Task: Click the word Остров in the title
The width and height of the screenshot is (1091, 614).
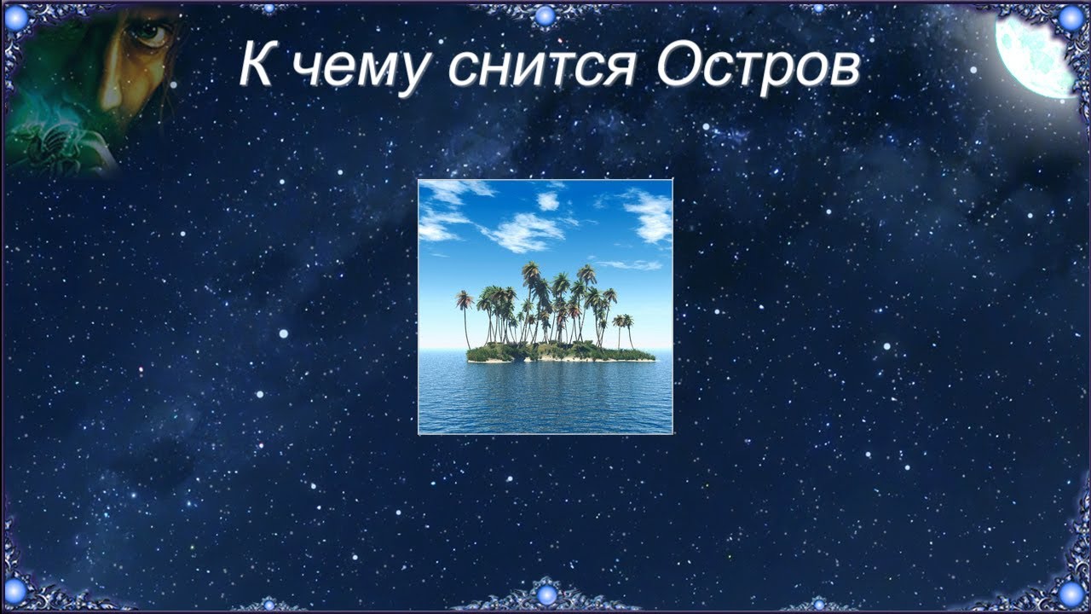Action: (758, 64)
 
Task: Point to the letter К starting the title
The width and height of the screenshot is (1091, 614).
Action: (256, 64)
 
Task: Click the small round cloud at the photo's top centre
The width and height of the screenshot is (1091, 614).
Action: (548, 201)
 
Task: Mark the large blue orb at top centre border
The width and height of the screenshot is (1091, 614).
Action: (545, 14)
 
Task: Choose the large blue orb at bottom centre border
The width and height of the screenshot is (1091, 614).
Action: (545, 594)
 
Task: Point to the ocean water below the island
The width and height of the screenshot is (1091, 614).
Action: (545, 397)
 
